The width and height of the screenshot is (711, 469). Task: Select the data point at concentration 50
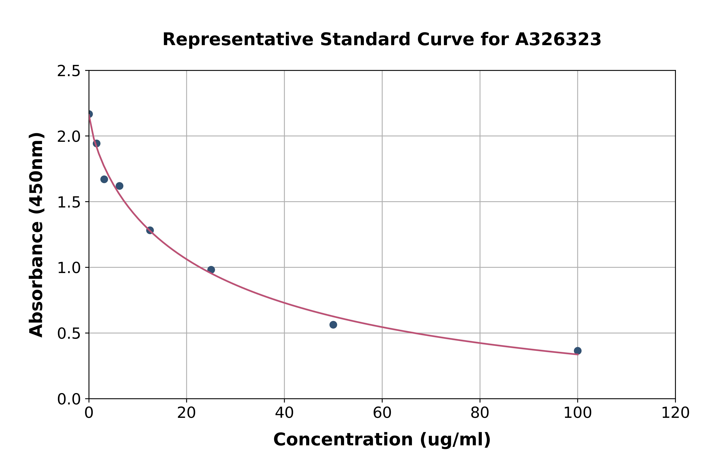coord(333,325)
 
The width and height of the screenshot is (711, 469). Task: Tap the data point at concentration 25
coord(211,270)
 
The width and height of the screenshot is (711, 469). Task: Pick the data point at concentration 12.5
coord(150,230)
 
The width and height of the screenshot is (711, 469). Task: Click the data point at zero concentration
coord(89,114)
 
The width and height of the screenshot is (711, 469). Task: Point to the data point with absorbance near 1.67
coord(104,179)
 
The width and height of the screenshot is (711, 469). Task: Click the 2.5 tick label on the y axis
coord(69,71)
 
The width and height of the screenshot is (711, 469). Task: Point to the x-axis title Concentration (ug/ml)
coord(382,440)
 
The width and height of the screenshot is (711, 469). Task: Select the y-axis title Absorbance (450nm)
coord(36,235)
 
